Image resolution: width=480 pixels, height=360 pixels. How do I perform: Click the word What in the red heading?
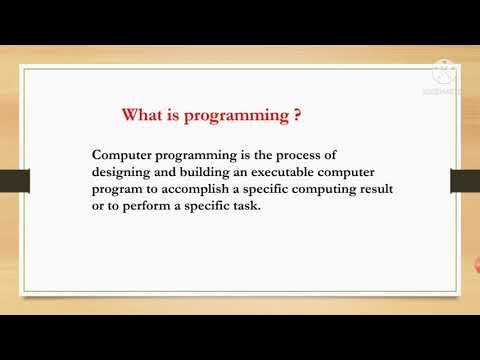142,115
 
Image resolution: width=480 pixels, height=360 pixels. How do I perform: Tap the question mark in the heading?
298,115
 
